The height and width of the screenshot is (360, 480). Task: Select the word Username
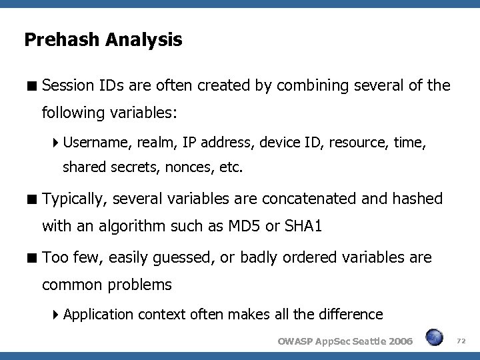click(x=94, y=143)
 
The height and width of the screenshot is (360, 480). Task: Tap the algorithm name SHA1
click(x=303, y=227)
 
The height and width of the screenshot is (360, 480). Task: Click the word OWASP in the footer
click(x=294, y=341)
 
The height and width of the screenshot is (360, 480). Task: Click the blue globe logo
click(x=434, y=338)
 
